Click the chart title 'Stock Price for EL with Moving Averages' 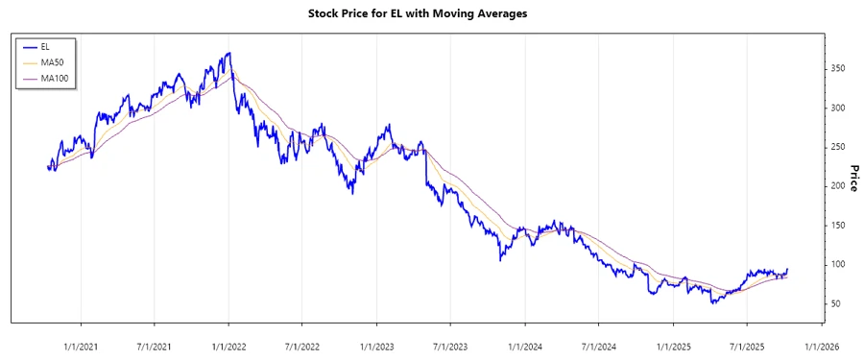point(431,13)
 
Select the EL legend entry point(45,46)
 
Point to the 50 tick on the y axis point(837,303)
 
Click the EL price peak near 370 point(228,54)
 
